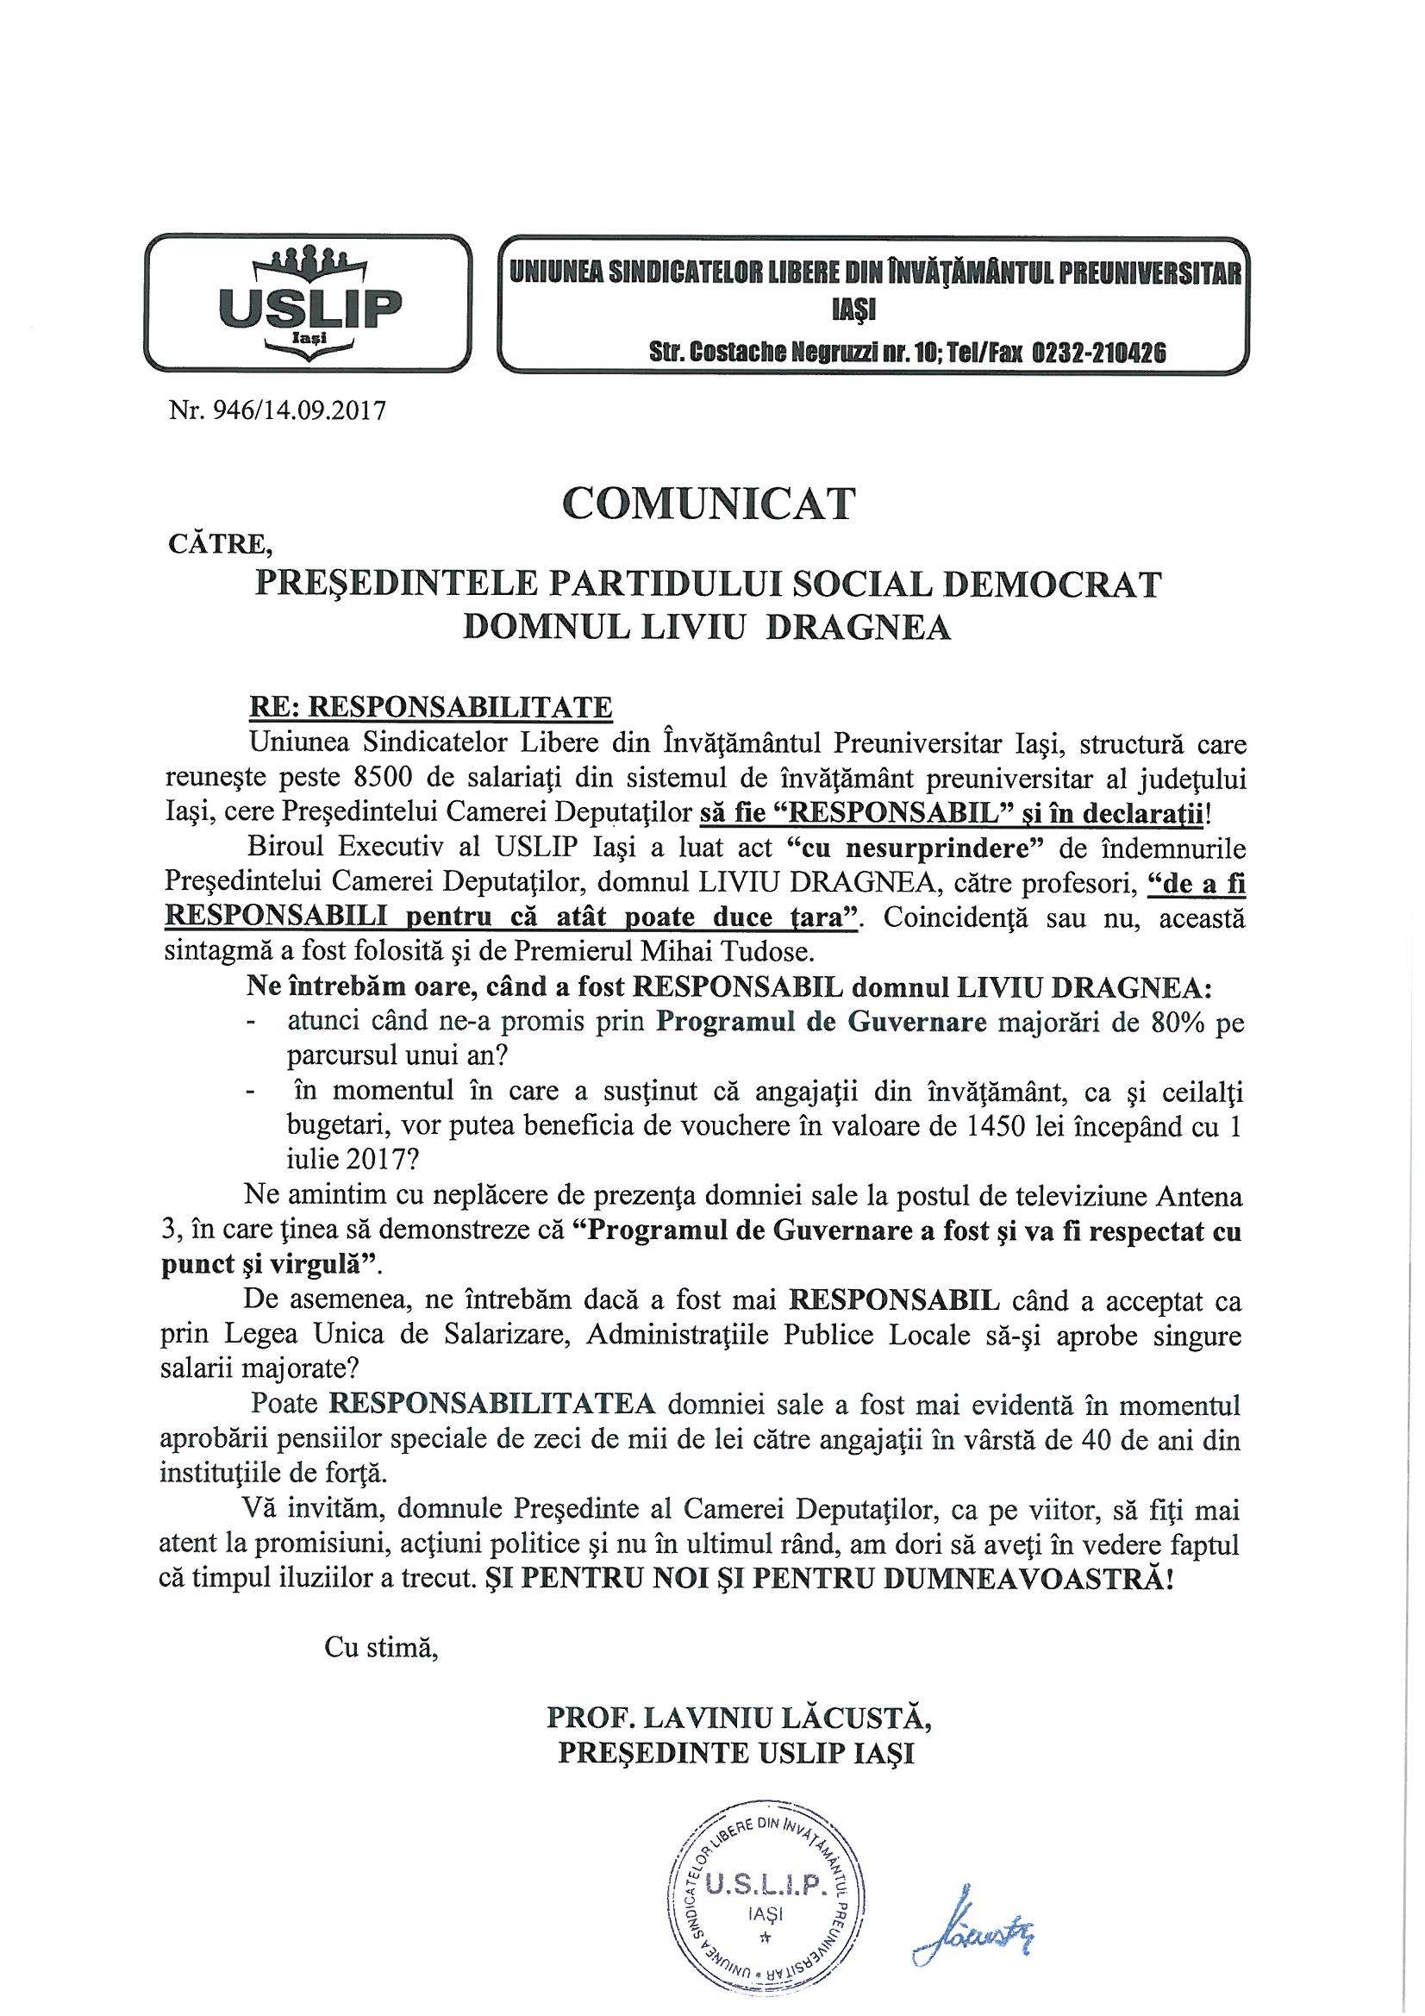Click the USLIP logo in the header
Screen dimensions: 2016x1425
(307, 304)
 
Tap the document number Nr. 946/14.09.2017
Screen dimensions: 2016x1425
(278, 410)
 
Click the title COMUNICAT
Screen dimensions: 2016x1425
(708, 504)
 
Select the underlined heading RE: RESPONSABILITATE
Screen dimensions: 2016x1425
(431, 707)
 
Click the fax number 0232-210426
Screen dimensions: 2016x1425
(1098, 354)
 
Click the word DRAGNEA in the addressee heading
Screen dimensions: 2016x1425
(858, 628)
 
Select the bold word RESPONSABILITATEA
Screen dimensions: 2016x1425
(491, 1403)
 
